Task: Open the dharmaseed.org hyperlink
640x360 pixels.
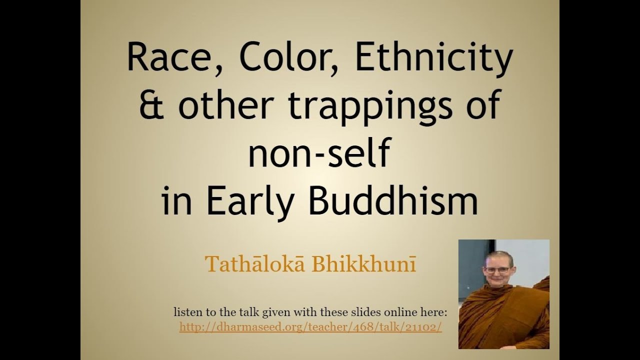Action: tap(310, 327)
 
